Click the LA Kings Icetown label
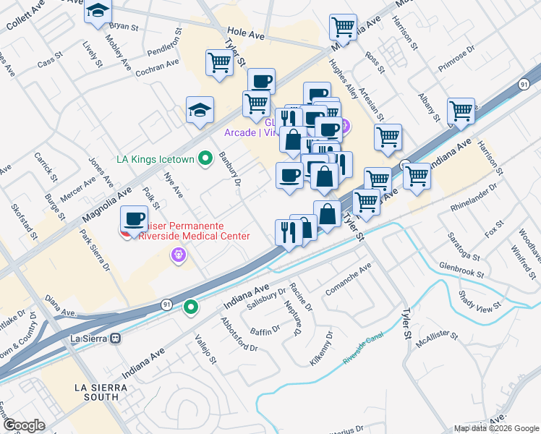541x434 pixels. (x=156, y=158)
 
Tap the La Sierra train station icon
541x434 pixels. (x=115, y=338)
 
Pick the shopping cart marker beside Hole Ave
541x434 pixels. (x=343, y=27)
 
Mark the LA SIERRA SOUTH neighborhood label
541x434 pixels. (x=106, y=392)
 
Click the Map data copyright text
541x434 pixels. (x=496, y=428)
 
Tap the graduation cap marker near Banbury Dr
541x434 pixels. (x=200, y=110)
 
